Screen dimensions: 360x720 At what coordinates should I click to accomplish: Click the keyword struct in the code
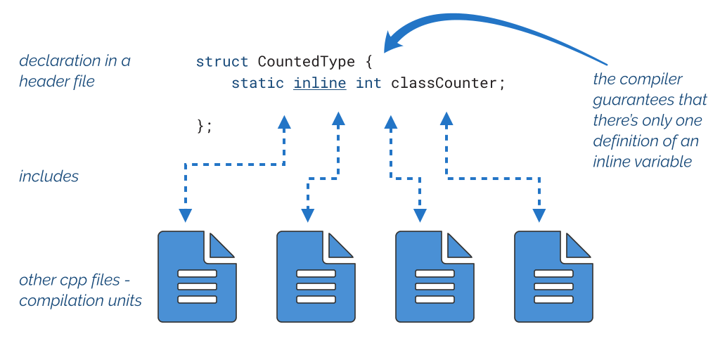(222, 62)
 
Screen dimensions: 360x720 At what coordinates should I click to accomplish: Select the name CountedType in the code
(306, 62)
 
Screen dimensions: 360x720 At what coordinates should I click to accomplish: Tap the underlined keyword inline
(320, 84)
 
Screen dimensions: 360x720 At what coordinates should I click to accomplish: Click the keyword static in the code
(257, 84)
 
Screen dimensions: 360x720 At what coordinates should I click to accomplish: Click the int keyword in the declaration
(368, 84)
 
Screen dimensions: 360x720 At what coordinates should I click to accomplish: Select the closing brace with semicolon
(204, 126)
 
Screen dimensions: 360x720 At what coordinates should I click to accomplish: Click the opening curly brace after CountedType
(368, 62)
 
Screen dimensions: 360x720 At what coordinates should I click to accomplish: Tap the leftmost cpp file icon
(197, 277)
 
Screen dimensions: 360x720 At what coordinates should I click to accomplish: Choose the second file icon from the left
(316, 277)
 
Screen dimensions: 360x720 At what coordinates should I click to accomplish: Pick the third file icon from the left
(435, 277)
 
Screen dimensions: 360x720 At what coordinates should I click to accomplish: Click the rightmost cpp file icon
(553, 277)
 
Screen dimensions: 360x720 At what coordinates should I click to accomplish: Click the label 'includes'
(49, 176)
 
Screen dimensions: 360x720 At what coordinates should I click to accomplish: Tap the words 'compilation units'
(80, 301)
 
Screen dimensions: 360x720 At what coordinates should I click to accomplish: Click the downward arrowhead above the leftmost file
(185, 215)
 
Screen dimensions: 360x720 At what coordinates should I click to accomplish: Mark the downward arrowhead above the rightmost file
(539, 215)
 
